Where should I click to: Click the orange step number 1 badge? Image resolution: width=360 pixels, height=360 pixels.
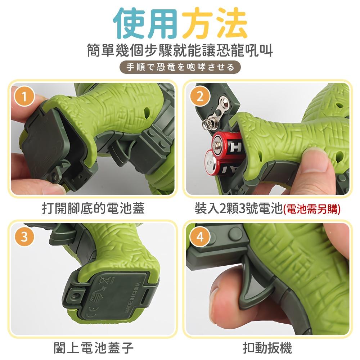point(24,96)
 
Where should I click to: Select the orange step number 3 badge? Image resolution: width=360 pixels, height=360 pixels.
point(24,237)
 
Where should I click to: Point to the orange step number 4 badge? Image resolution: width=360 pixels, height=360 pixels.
point(200,237)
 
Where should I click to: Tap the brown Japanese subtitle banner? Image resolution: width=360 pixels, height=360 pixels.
point(180,67)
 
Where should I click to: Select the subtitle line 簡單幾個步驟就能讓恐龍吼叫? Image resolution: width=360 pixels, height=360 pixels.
point(180,50)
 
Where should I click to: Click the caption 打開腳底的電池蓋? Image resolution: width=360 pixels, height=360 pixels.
point(93,208)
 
